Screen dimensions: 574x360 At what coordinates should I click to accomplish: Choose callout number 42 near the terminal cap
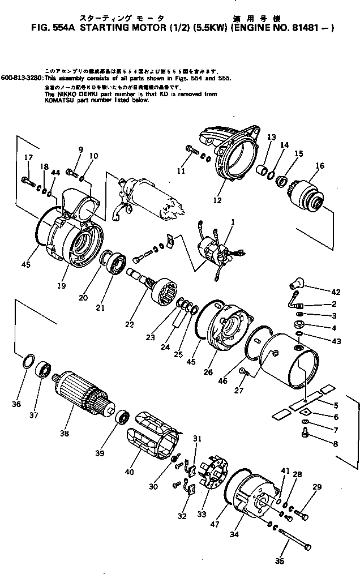point(336,292)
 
